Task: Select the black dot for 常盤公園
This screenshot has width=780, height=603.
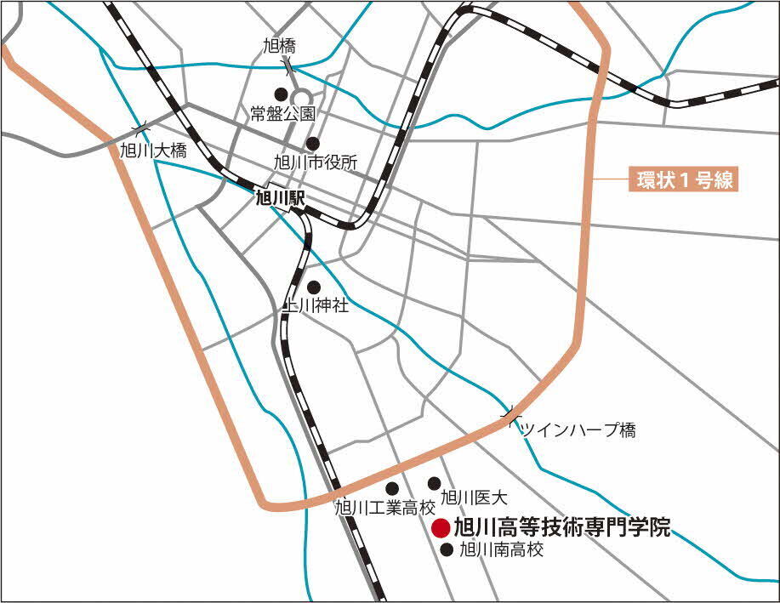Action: [279, 94]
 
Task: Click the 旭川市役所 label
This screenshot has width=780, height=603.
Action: [316, 162]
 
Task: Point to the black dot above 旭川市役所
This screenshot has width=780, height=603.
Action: [313, 143]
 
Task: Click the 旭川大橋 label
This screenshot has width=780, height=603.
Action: [153, 151]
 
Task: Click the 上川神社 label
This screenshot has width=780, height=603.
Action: [315, 306]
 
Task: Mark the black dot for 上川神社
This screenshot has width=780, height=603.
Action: [313, 287]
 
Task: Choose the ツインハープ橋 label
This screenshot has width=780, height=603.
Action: [578, 430]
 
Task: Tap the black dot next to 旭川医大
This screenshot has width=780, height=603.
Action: [434, 483]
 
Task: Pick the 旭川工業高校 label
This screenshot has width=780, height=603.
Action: [384, 508]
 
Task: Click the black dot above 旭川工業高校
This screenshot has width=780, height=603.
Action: [392, 488]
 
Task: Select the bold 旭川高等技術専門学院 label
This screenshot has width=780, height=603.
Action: [562, 527]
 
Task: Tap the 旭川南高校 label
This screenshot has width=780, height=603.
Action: [500, 550]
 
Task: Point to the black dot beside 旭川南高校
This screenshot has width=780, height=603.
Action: [447, 549]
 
